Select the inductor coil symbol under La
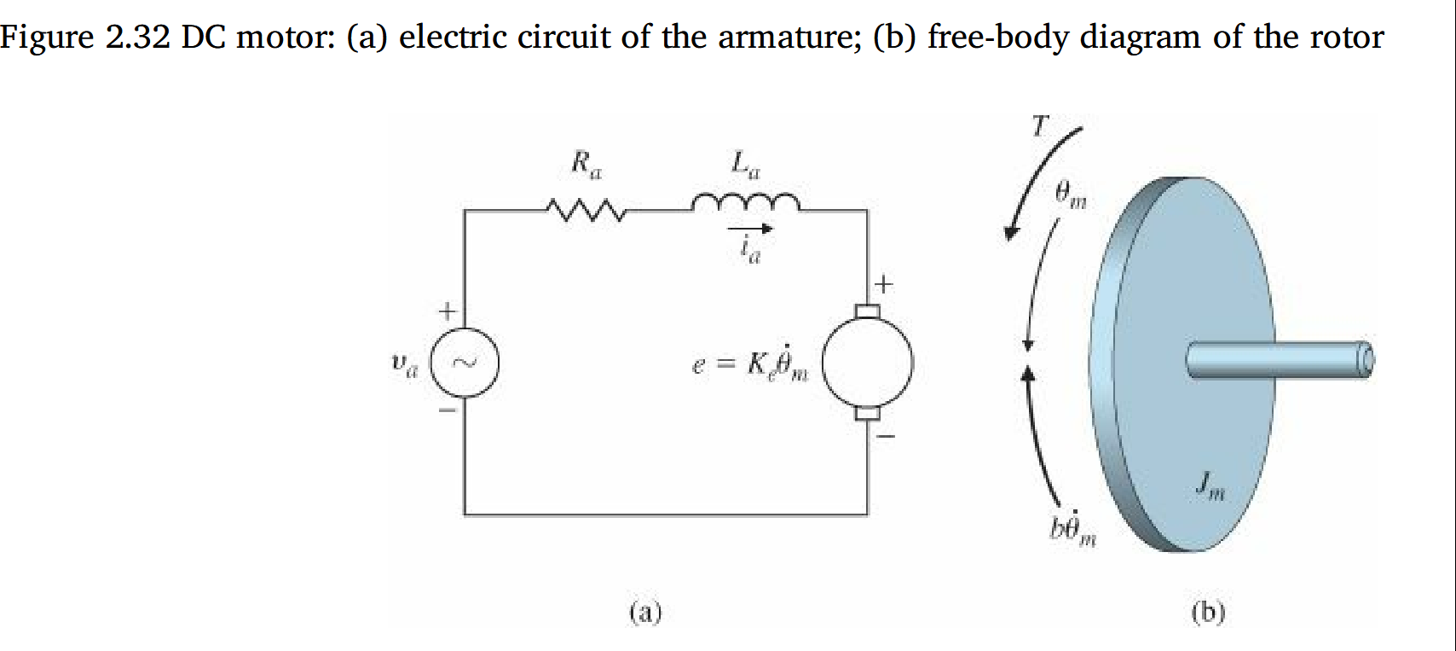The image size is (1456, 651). click(x=745, y=202)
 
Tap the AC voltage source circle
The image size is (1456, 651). click(x=464, y=363)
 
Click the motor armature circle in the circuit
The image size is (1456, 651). click(x=867, y=363)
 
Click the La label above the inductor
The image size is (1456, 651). click(x=744, y=163)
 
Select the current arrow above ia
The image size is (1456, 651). click(x=749, y=229)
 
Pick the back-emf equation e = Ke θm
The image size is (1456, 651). click(x=749, y=364)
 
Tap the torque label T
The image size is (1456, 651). click(x=1038, y=126)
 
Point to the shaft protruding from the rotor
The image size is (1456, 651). click(x=1279, y=359)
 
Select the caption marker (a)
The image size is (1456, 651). click(x=644, y=612)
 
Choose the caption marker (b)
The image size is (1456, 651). click(x=1208, y=612)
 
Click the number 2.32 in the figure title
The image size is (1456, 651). click(x=138, y=37)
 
